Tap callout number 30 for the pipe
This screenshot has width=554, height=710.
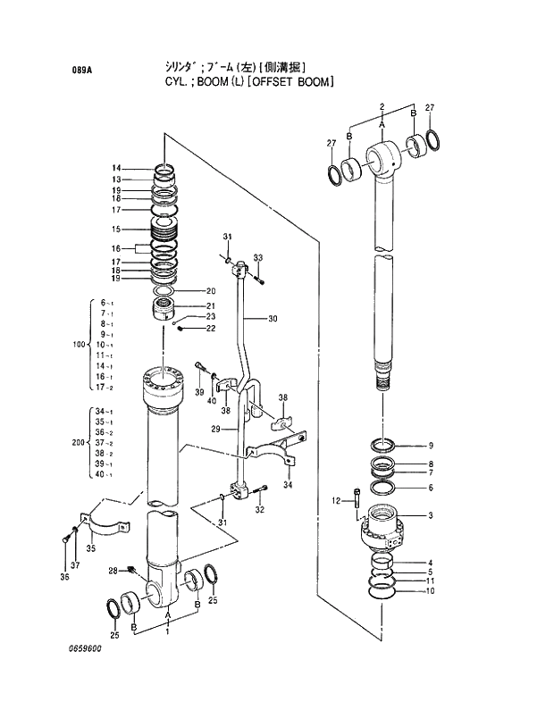pyautogui.click(x=273, y=319)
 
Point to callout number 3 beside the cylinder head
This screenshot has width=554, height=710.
pyautogui.click(x=431, y=515)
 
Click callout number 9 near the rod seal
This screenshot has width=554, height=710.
pyautogui.click(x=431, y=446)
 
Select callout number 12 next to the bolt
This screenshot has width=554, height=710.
pyautogui.click(x=336, y=500)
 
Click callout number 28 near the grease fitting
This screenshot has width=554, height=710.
pyautogui.click(x=113, y=571)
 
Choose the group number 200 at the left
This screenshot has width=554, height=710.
pyautogui.click(x=78, y=442)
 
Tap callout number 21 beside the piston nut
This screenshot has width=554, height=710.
pyautogui.click(x=211, y=306)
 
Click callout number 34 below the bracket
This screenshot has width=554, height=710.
pyautogui.click(x=288, y=485)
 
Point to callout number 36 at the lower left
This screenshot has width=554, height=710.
pyautogui.click(x=63, y=577)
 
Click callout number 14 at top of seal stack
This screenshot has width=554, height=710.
pyautogui.click(x=116, y=169)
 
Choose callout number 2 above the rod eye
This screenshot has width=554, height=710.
pyautogui.click(x=382, y=107)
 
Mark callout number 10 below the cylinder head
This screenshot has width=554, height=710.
pyautogui.click(x=431, y=591)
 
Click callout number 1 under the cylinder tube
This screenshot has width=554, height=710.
pyautogui.click(x=167, y=631)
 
